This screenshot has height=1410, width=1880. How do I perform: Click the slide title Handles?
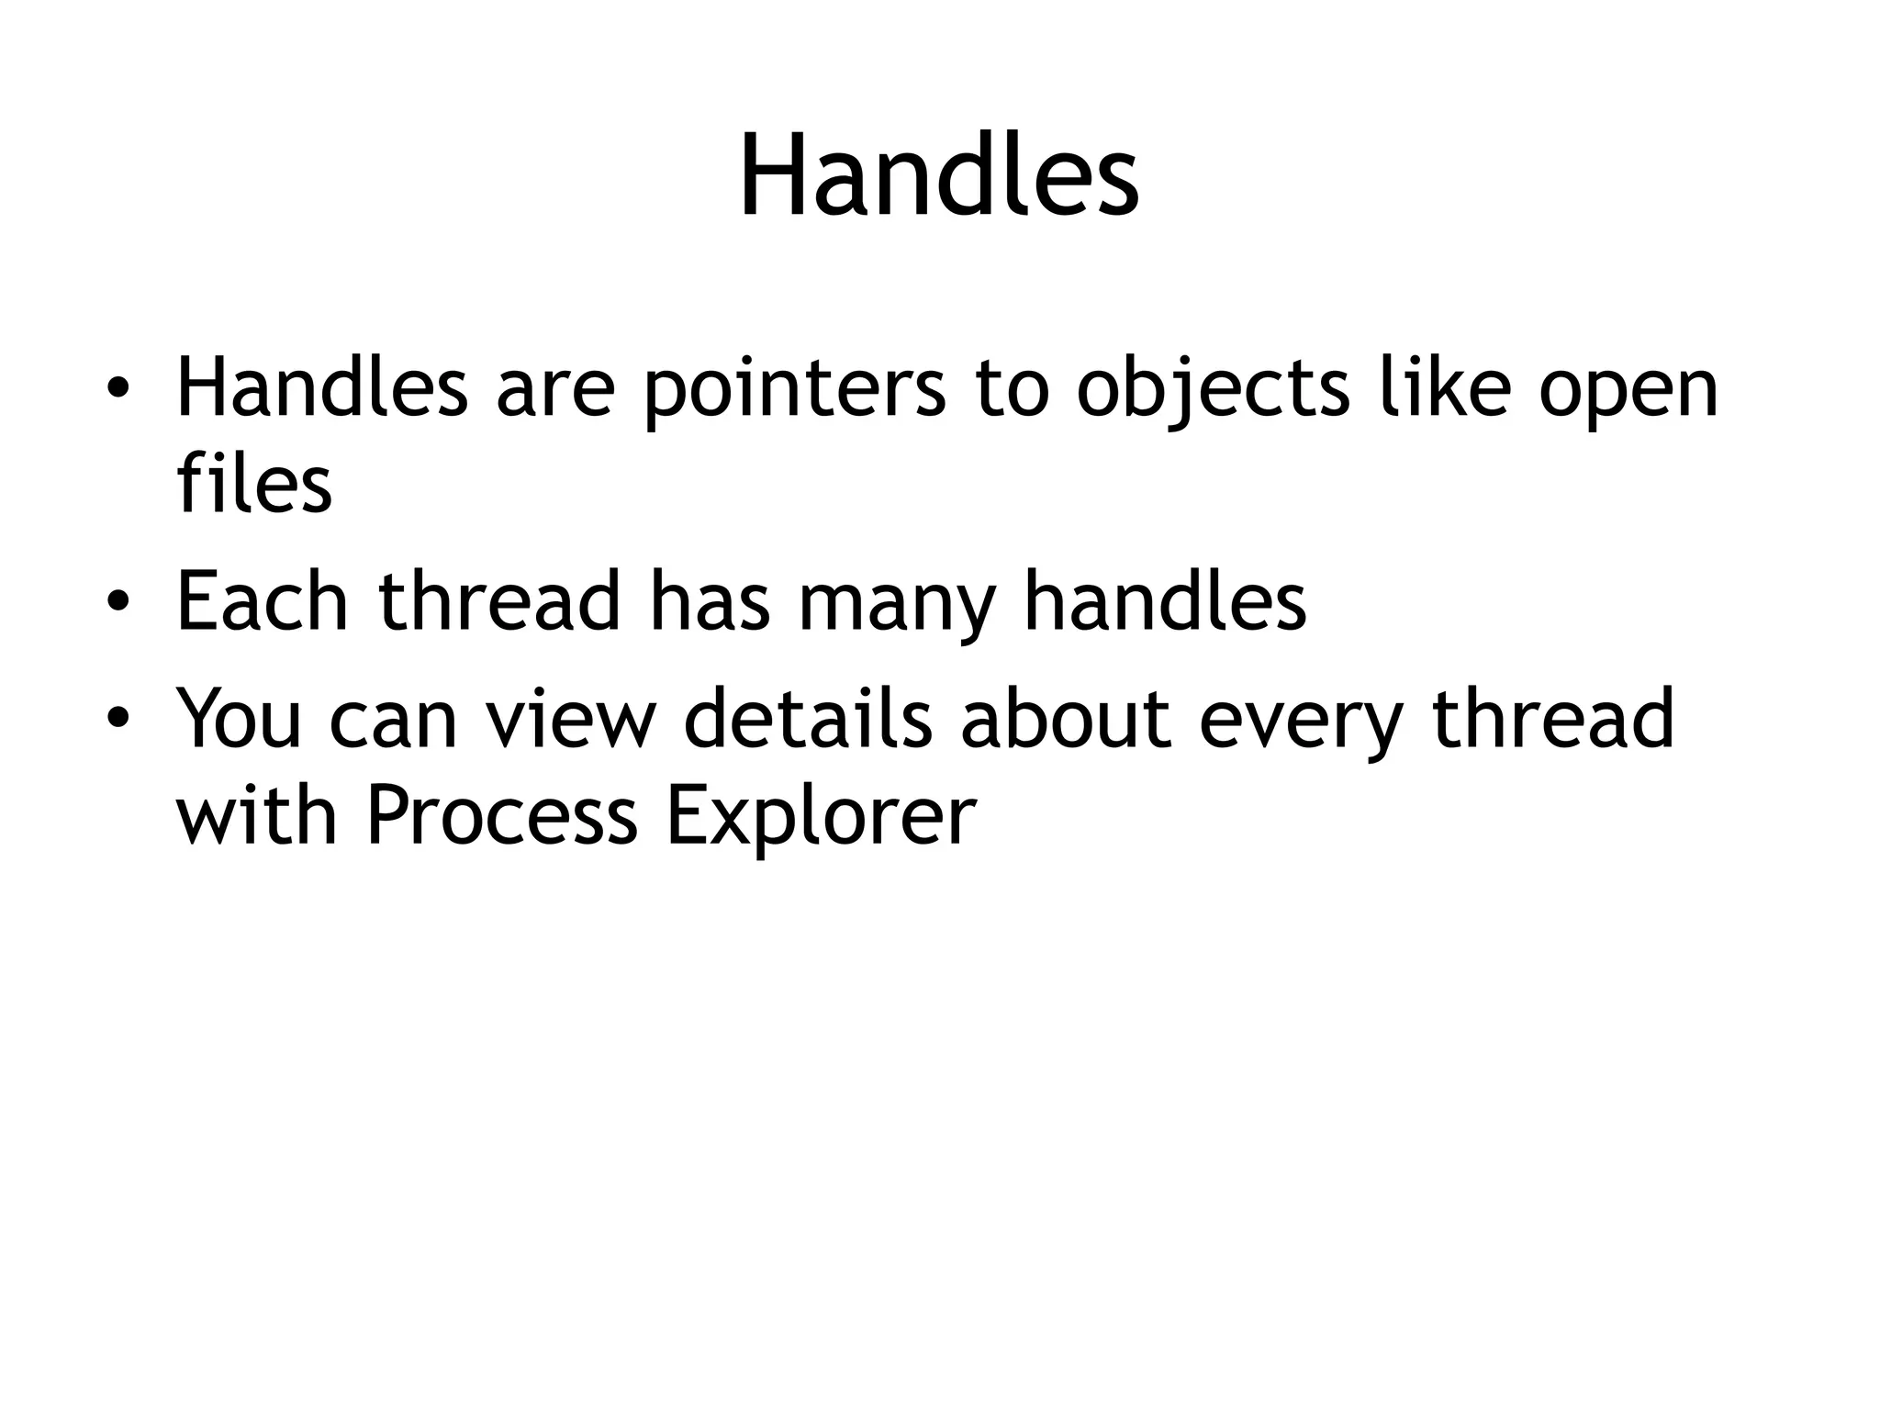(x=939, y=176)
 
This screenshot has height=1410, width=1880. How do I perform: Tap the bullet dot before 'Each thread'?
(x=117, y=602)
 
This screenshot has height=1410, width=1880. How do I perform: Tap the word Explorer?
(x=820, y=817)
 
